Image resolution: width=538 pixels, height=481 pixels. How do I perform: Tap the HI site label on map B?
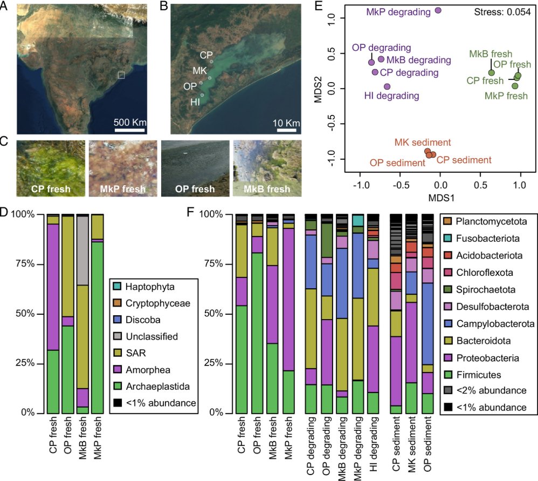click(x=194, y=101)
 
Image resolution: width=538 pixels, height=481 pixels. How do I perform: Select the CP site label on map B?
click(x=206, y=55)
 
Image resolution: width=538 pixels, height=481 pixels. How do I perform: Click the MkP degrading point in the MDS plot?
click(x=438, y=10)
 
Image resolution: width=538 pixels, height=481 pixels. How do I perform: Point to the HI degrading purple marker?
click(x=387, y=86)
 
